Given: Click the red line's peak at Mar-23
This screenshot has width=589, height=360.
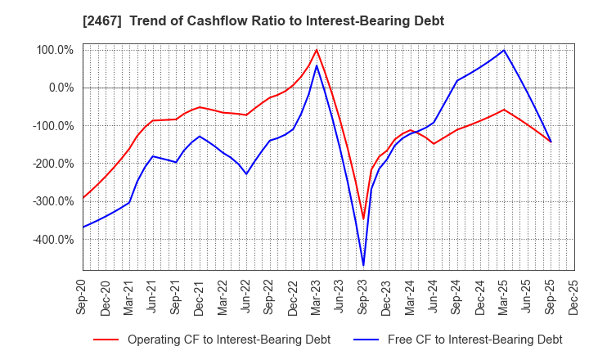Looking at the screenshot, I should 317,50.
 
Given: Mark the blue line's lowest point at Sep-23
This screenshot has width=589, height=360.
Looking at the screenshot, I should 363,265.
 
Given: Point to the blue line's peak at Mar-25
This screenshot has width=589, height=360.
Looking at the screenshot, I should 504,50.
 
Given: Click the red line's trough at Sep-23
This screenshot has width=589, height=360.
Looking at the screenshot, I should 363,218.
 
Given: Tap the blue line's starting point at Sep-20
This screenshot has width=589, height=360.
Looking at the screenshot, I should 83,227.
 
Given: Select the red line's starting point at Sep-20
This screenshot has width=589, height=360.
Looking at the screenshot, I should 83,198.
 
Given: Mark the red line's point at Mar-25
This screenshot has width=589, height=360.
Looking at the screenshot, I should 504,109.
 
